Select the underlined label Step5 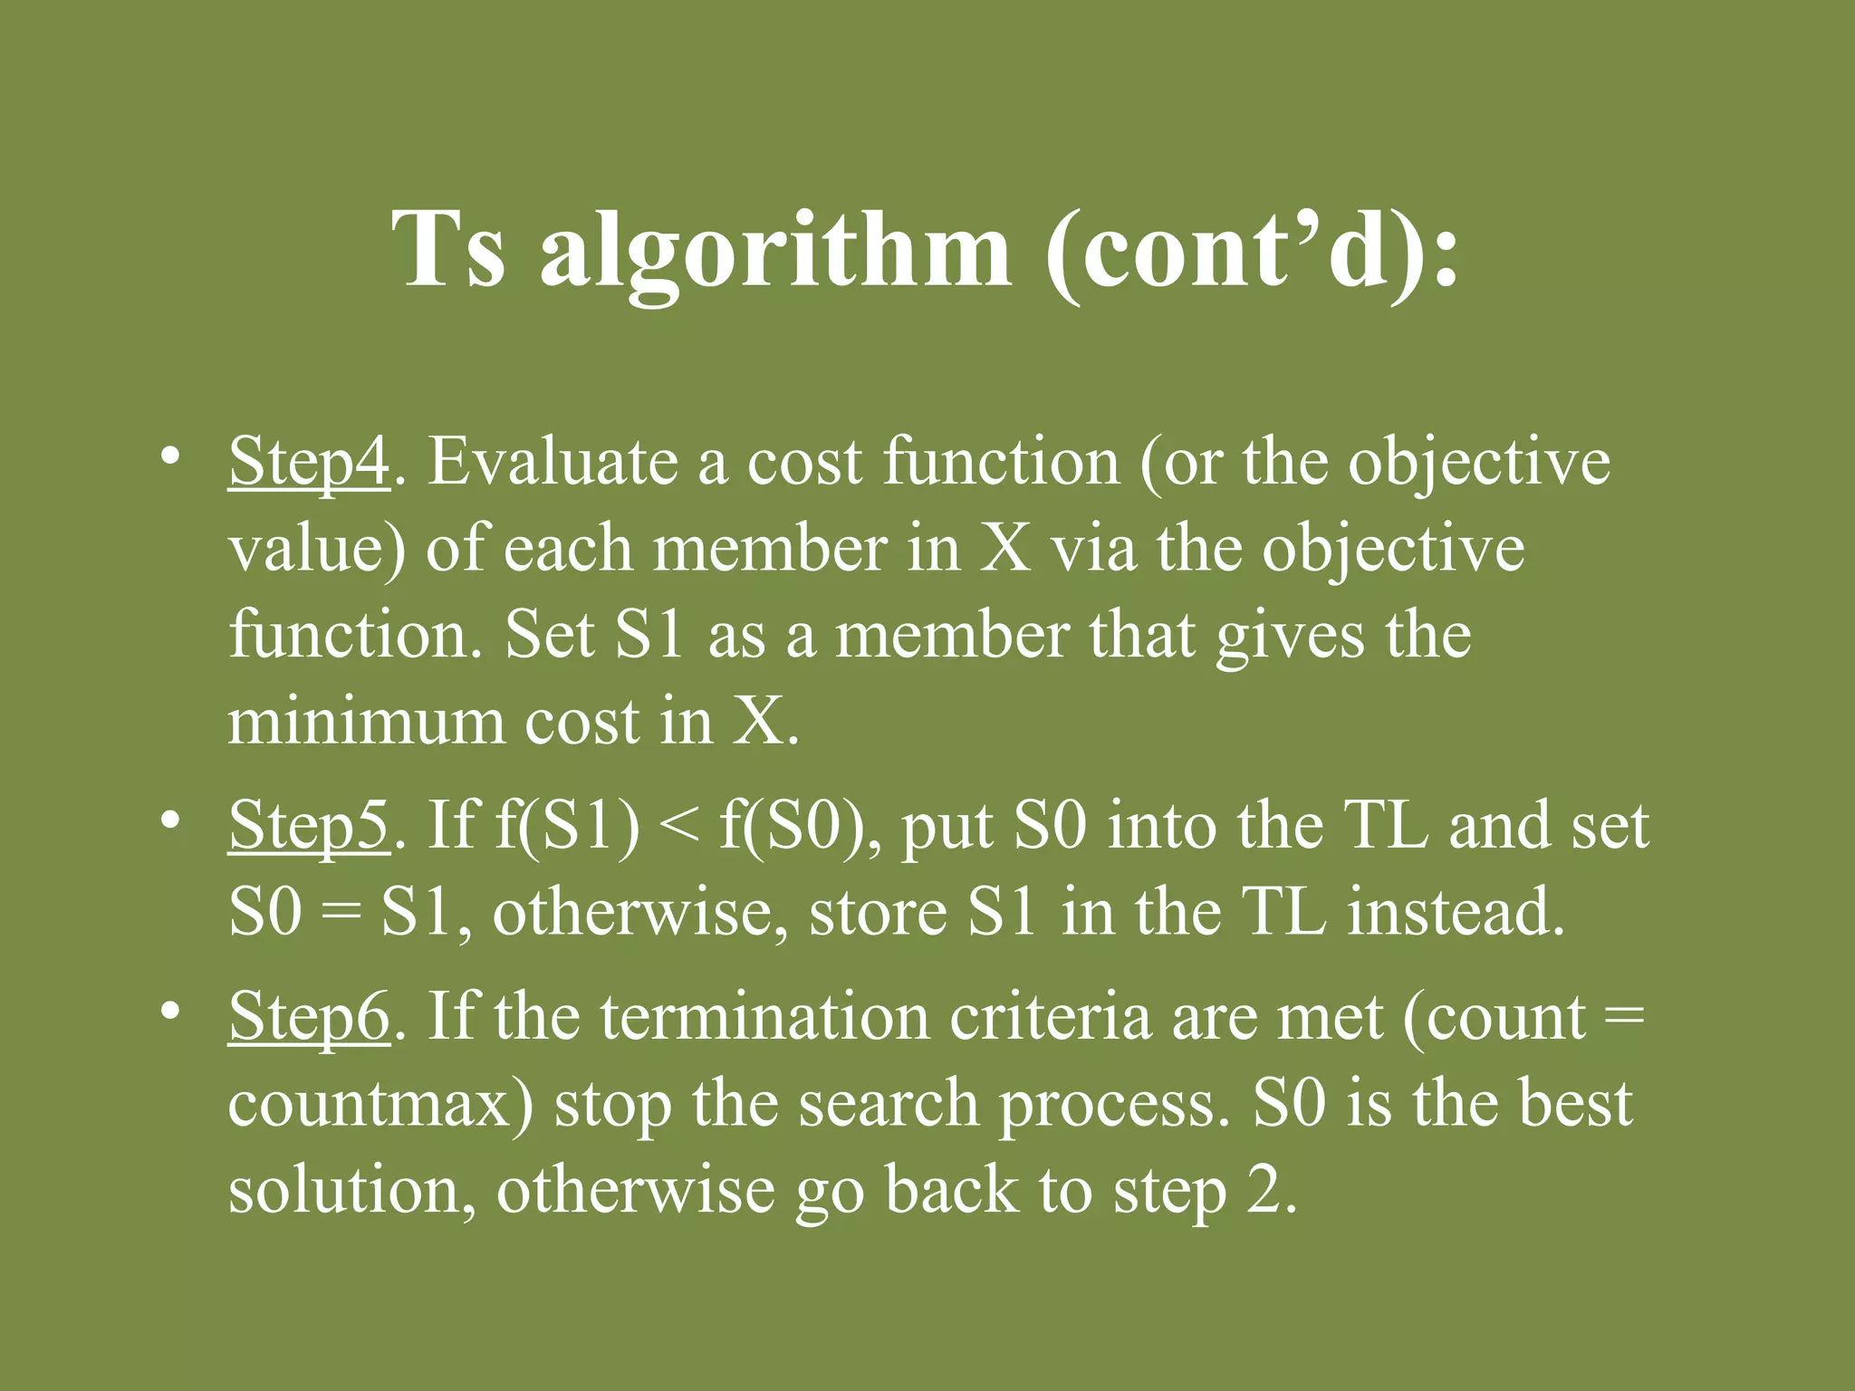click(x=309, y=827)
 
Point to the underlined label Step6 click(x=309, y=1018)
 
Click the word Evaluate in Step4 click(x=553, y=462)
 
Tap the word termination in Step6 click(x=765, y=1017)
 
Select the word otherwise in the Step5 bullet click(x=640, y=912)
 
